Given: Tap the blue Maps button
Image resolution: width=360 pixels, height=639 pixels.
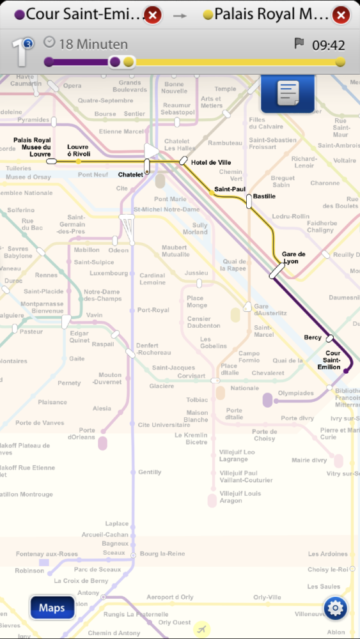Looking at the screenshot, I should pyautogui.click(x=52, y=607).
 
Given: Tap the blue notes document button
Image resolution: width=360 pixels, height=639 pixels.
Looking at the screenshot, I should pyautogui.click(x=287, y=94).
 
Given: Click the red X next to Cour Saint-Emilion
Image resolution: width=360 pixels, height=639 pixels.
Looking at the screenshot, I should pyautogui.click(x=153, y=15).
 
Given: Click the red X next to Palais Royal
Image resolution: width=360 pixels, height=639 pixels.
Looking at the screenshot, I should pyautogui.click(x=341, y=15).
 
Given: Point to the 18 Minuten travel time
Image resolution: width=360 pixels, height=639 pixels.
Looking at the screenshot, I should pyautogui.click(x=93, y=44).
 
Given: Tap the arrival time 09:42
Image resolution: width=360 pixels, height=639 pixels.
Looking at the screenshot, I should pyautogui.click(x=328, y=45).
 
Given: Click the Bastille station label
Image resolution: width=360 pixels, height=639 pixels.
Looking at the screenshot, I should pyautogui.click(x=264, y=196).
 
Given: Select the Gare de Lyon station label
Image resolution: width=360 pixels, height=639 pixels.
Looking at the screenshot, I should pyautogui.click(x=293, y=258).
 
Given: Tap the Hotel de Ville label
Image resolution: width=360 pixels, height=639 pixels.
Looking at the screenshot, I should pyautogui.click(x=211, y=162).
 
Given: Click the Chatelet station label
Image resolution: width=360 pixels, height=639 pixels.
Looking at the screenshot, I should pyautogui.click(x=130, y=174).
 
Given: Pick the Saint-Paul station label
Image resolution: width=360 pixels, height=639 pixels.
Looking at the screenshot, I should pyautogui.click(x=230, y=189).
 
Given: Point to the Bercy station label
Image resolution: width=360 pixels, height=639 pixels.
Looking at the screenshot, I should pyautogui.click(x=313, y=337).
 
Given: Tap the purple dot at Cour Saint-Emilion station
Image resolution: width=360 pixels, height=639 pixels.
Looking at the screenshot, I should pyautogui.click(x=346, y=371).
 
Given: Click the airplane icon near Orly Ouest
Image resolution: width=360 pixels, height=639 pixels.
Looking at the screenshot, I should pyautogui.click(x=202, y=628).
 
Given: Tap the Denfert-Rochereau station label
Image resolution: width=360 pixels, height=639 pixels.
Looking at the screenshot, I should pyautogui.click(x=153, y=349).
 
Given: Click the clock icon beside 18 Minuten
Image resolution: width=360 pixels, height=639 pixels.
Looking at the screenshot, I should pyautogui.click(x=49, y=43).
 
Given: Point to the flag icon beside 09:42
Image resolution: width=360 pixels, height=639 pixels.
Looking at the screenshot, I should pyautogui.click(x=299, y=43).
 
